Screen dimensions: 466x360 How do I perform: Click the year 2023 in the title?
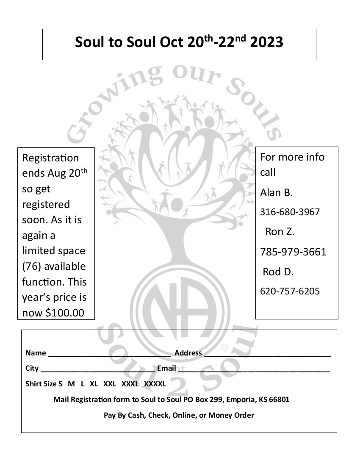click(267, 42)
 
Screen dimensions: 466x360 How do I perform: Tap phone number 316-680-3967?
click(290, 212)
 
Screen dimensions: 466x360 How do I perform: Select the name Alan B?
click(276, 193)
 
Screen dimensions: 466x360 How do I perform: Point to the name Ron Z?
click(280, 232)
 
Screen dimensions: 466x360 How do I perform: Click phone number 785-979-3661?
click(293, 252)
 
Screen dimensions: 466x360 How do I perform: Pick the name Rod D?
click(278, 272)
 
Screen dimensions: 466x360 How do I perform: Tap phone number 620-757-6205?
click(290, 291)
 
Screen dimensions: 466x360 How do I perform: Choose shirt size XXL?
click(110, 384)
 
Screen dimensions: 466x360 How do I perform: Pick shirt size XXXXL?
click(155, 384)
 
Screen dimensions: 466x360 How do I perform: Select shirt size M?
click(71, 384)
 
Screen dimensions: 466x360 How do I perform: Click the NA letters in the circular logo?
click(179, 304)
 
